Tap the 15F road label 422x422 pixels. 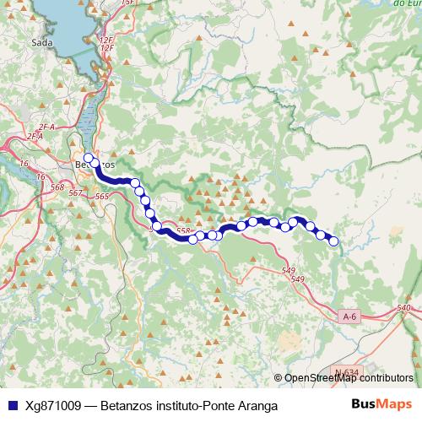click(127, 3)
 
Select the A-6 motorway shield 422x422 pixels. click(350, 316)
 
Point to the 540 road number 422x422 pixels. click(403, 308)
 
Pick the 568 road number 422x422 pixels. click(57, 187)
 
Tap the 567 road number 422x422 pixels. click(77, 193)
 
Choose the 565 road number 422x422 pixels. click(102, 197)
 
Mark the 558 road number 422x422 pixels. click(185, 230)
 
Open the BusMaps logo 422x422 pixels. click(382, 404)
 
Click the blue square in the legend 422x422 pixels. click(12, 405)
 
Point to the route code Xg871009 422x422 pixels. click(53, 405)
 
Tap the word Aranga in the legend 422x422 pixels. click(256, 405)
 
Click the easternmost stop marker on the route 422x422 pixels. click(333, 241)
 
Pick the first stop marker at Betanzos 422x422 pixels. click(88, 158)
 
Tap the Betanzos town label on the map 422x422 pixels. click(95, 165)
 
